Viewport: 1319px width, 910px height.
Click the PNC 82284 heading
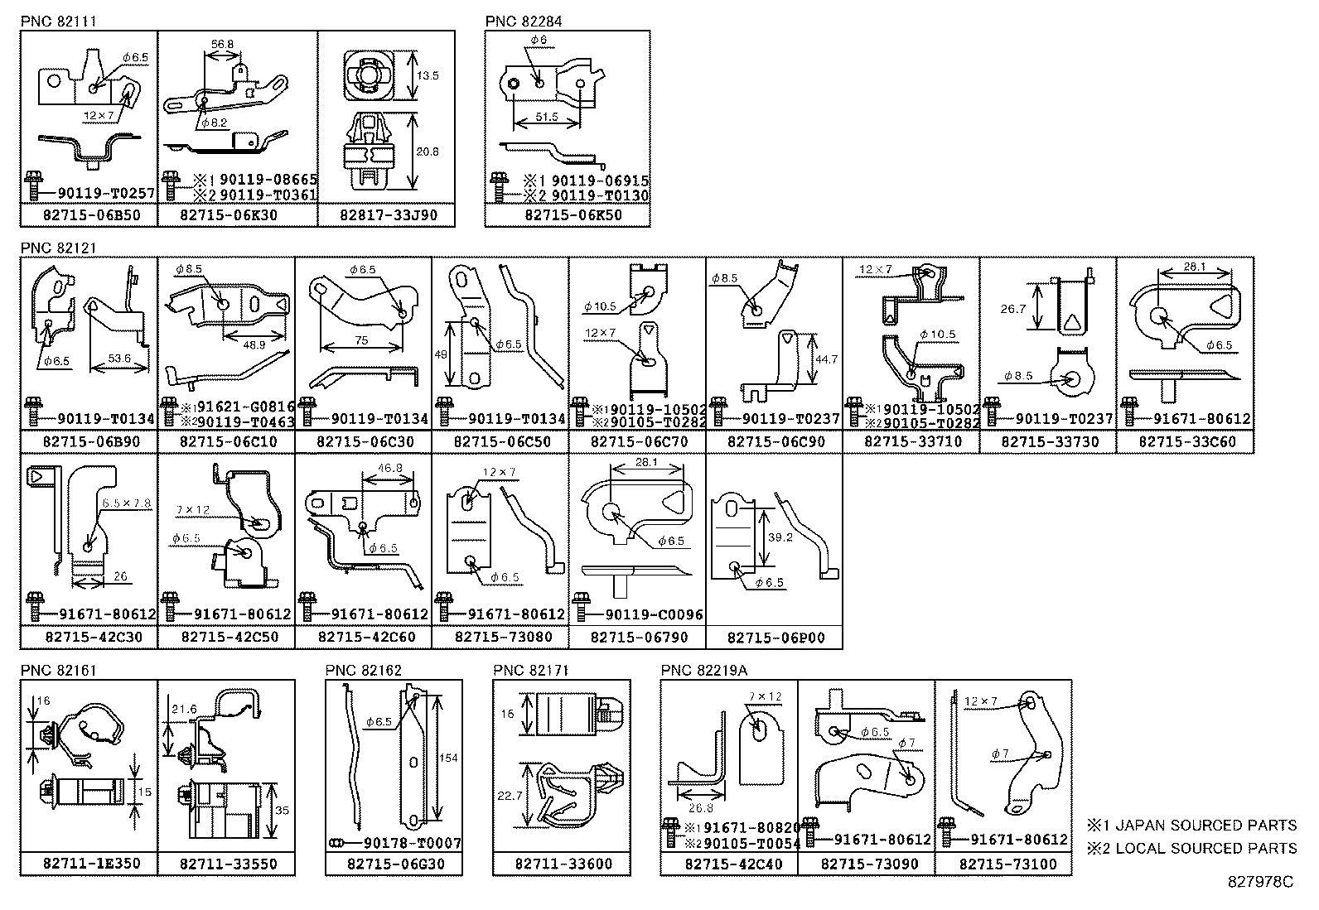524,22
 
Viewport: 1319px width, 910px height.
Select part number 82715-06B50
89,215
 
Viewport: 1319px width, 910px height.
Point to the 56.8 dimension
222,46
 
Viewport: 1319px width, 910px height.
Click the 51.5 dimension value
547,118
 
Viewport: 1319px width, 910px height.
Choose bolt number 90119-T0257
107,194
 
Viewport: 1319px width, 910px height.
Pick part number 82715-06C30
364,442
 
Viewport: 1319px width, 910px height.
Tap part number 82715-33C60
1186,442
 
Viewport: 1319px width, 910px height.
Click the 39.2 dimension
780,537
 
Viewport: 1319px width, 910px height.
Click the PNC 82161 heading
59,670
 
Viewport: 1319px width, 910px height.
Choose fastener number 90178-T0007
411,844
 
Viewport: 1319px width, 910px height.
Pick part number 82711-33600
561,864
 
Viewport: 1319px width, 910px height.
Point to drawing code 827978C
1260,883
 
